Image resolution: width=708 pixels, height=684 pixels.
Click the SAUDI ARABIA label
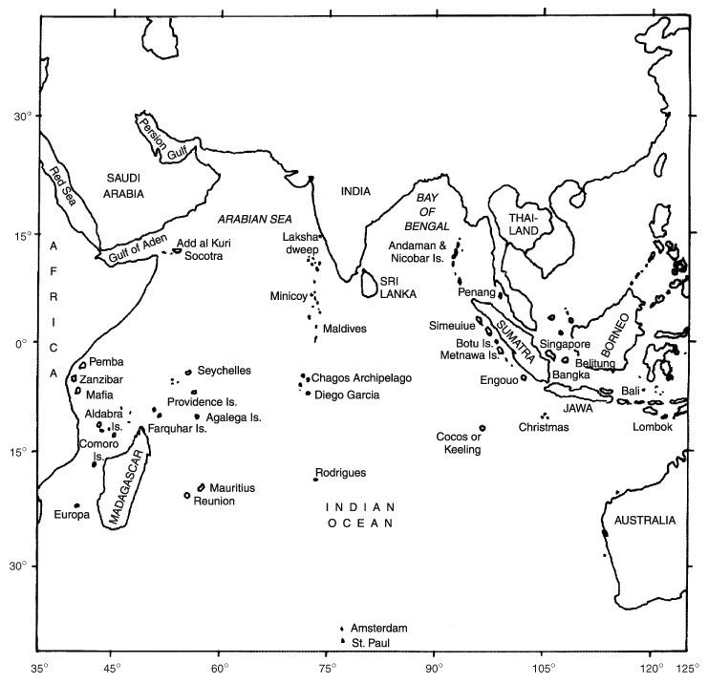(124, 185)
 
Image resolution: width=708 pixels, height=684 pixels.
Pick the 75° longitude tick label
(327, 670)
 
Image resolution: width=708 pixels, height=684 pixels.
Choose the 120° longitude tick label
(652, 670)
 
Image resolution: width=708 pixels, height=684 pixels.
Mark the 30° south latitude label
(19, 566)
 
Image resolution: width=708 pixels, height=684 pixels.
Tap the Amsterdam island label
(378, 628)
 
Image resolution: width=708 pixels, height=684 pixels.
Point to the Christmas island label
(544, 427)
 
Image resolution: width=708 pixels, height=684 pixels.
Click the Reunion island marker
(187, 495)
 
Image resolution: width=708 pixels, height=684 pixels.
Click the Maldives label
(344, 329)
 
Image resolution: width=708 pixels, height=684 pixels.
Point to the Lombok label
(653, 427)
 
